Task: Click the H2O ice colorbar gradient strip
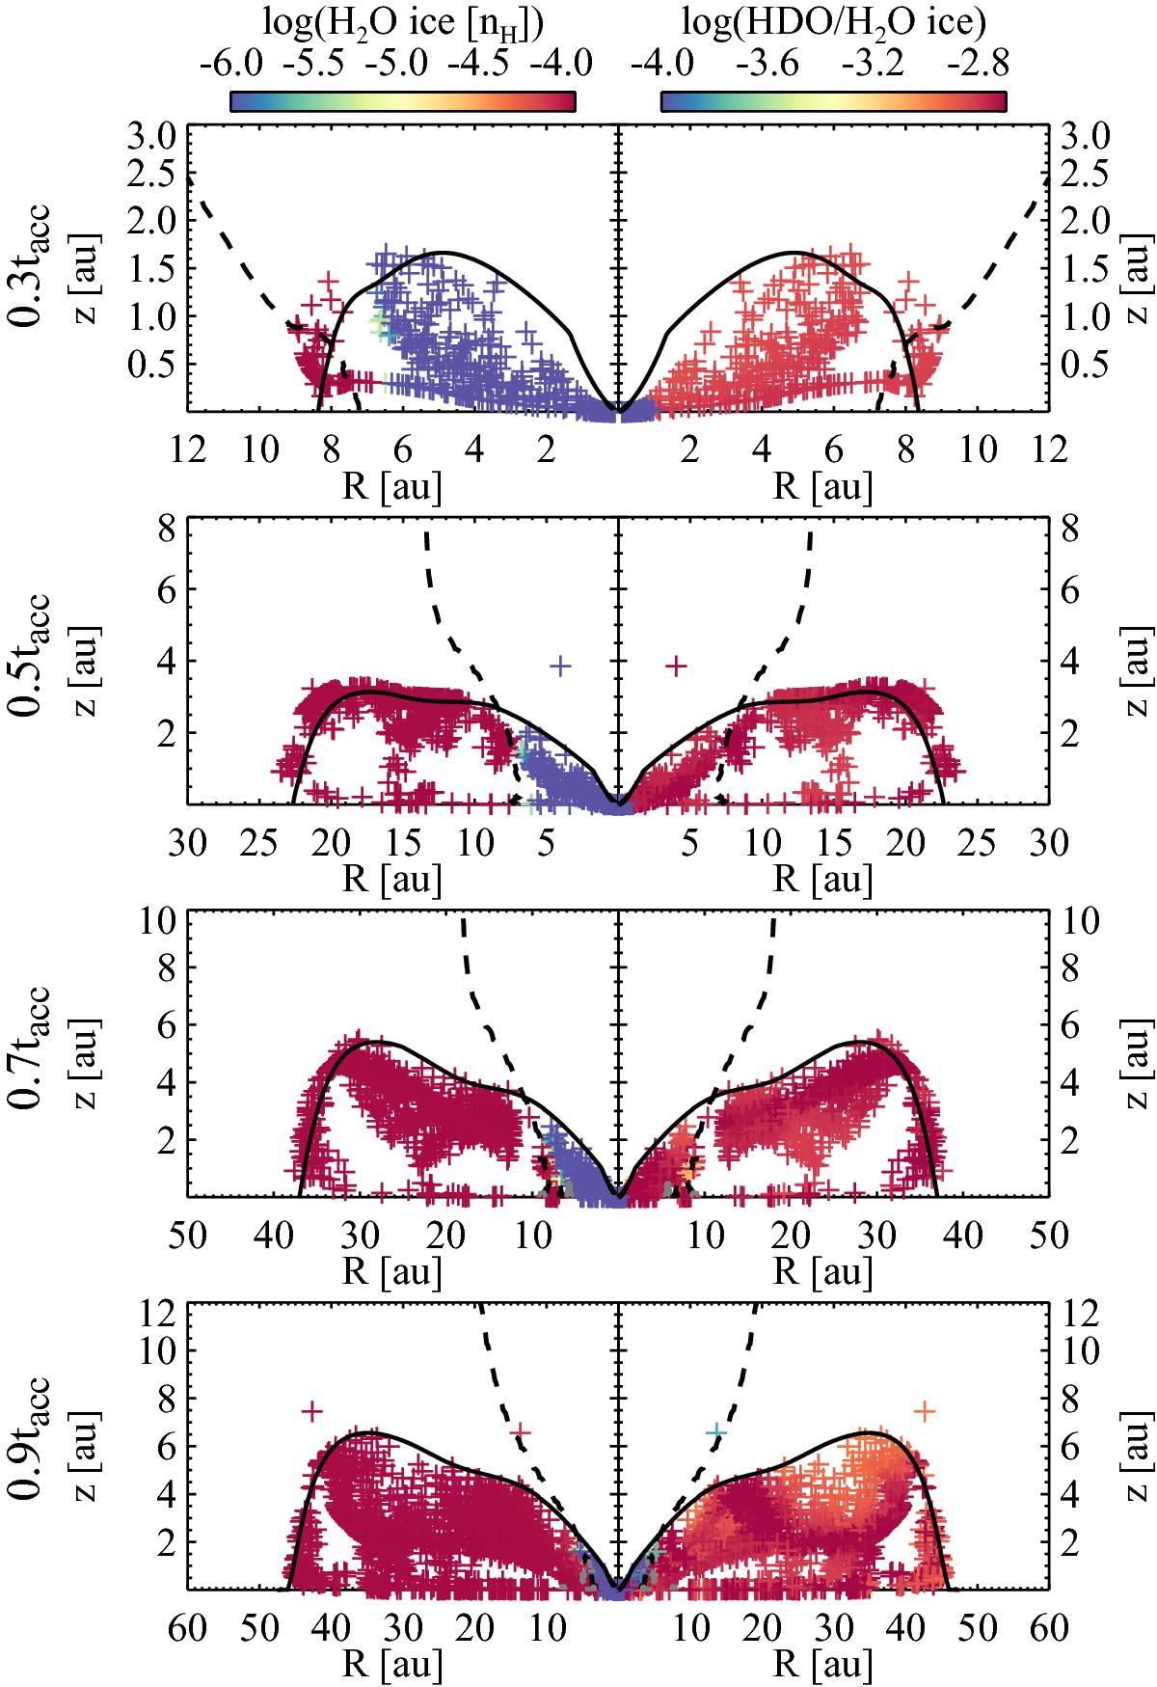[402, 101]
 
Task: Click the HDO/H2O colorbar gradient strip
[834, 101]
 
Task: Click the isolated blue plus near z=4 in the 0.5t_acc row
[560, 665]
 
